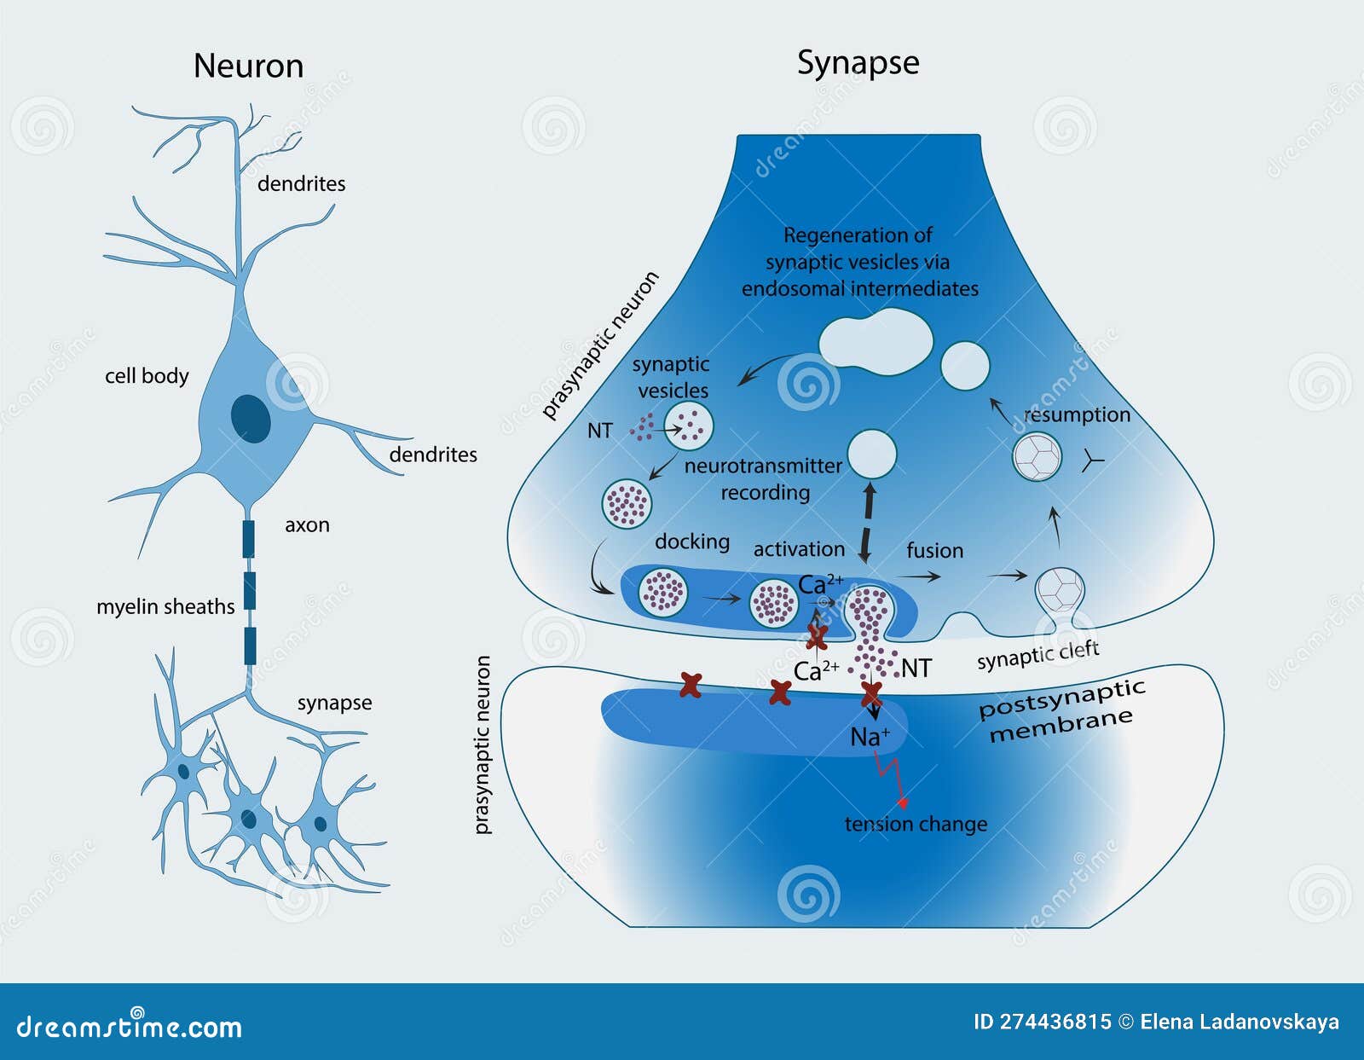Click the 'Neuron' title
(248, 67)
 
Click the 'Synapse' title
(858, 63)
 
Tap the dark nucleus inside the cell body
(251, 419)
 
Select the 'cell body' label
(147, 376)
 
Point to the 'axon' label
(307, 525)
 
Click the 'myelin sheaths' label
(165, 606)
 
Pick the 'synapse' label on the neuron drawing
(334, 703)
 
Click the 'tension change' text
(916, 824)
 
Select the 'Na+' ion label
(869, 736)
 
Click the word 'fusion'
(934, 551)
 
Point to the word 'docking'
(692, 542)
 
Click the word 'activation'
(799, 549)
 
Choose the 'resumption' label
(1077, 414)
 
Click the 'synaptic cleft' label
(1037, 655)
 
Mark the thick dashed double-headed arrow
(868, 522)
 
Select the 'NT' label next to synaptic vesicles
(599, 431)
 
